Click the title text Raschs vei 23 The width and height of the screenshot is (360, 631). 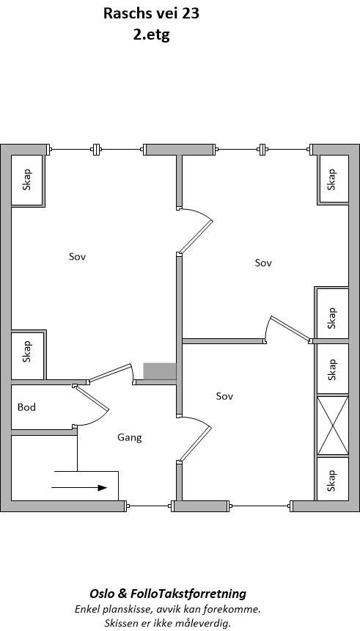151,13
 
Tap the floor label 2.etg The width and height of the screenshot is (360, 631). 151,34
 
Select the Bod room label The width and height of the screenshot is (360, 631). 27,407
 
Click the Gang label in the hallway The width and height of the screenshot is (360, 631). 129,437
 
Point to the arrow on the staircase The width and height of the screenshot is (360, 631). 80,486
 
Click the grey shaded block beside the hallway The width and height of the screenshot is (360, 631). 159,371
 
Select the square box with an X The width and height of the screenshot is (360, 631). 332,426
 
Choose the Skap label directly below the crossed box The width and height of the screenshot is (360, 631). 332,481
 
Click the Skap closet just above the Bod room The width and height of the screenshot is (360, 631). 28,351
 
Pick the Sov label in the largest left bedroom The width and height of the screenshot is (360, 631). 78,256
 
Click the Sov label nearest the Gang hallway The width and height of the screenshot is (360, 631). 224,396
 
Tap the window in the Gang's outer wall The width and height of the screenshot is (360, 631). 150,506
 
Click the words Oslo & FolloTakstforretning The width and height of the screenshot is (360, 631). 168,594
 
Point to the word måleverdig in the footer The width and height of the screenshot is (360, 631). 201,623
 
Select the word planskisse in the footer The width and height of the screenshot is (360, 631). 128,609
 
